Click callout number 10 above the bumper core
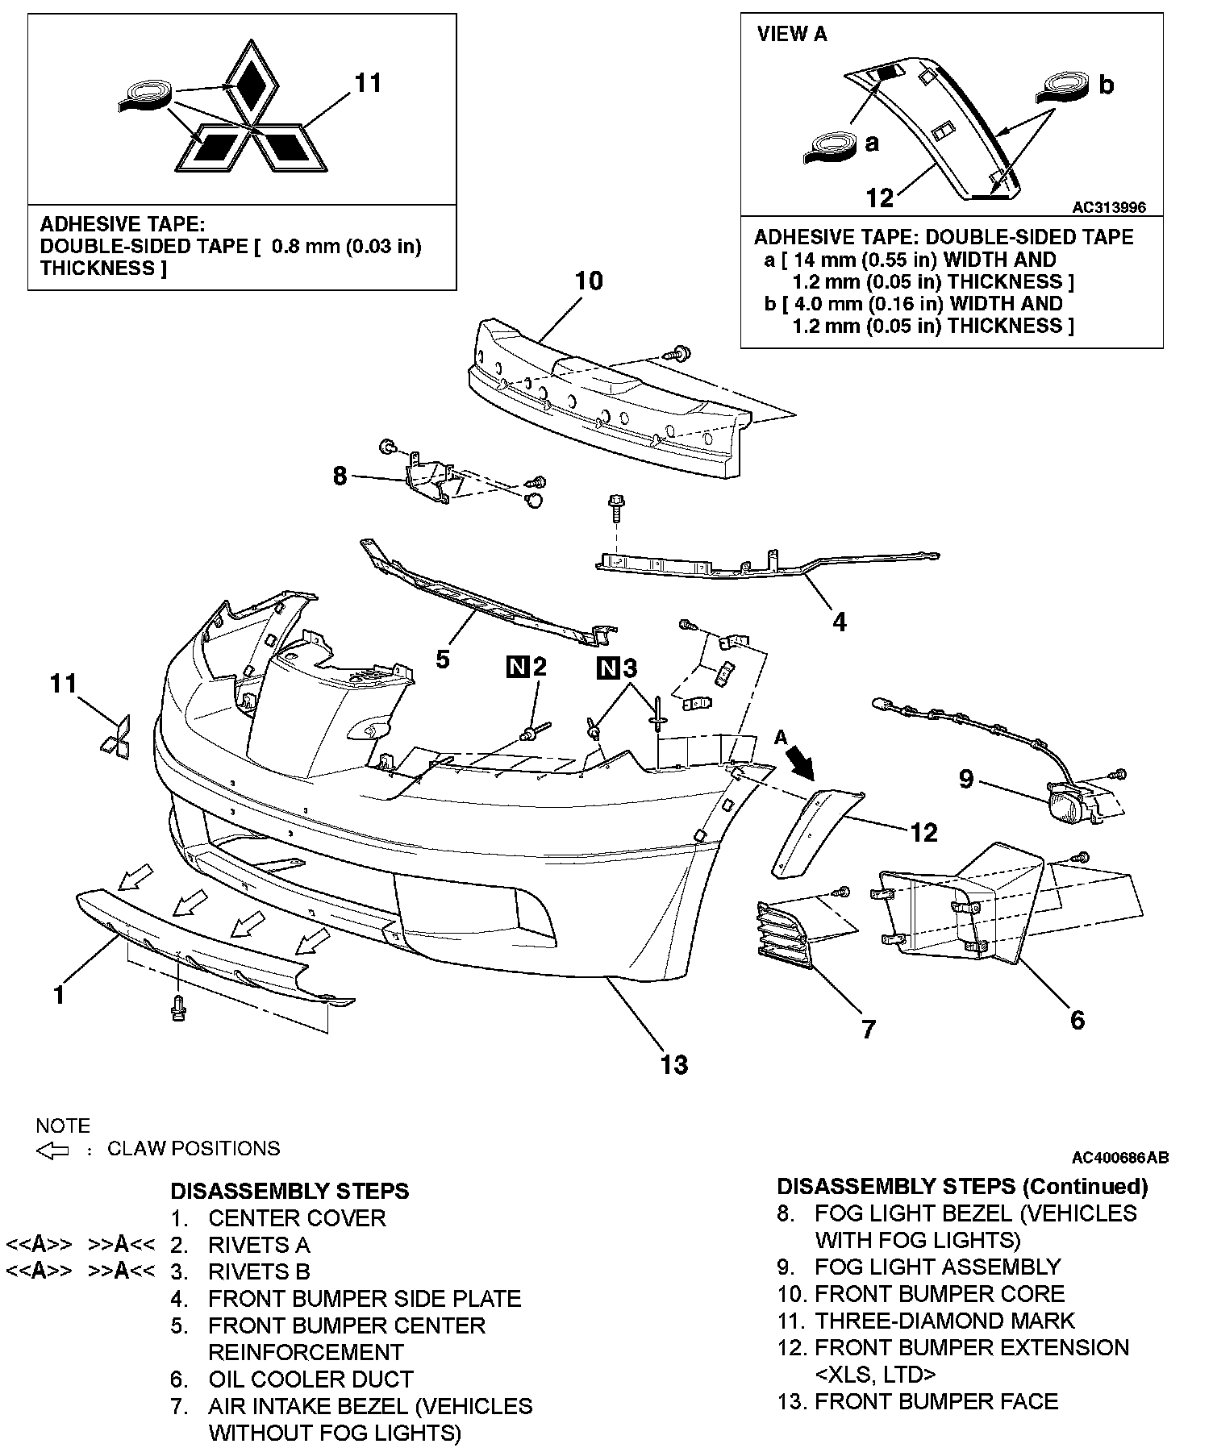(589, 281)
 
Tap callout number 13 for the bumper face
(674, 1064)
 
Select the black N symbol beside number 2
(517, 667)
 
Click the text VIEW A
(792, 35)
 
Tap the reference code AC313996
(1108, 208)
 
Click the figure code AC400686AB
(1119, 1159)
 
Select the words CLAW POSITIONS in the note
(194, 1148)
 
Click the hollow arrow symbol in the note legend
(53, 1150)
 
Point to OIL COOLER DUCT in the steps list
(311, 1379)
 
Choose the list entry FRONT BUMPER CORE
(940, 1294)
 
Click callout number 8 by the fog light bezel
(340, 476)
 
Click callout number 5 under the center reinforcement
(442, 659)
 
